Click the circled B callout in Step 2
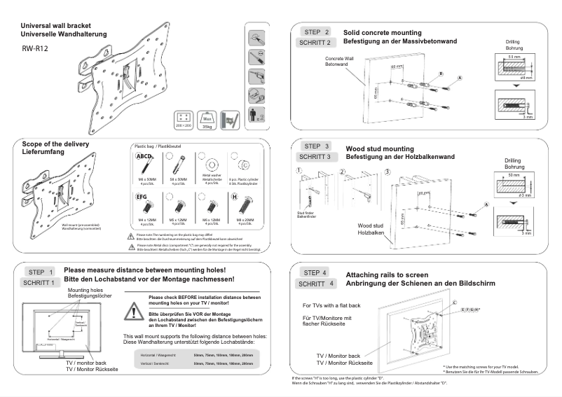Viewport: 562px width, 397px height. coord(441,73)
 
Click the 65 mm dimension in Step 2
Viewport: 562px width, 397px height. coord(376,90)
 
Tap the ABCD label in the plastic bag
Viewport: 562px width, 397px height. coord(144,156)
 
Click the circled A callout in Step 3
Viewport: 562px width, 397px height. coord(485,204)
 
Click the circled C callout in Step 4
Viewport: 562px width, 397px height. coord(455,302)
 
